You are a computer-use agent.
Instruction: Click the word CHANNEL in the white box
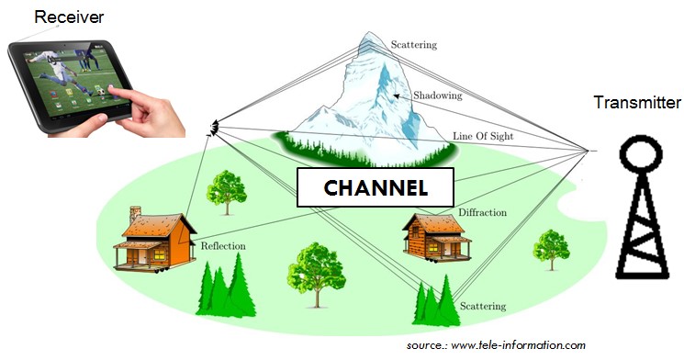[x=376, y=187]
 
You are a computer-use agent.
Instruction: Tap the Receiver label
[x=69, y=17]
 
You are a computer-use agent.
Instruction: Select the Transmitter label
[x=637, y=102]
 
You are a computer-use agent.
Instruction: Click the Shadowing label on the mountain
[x=438, y=96]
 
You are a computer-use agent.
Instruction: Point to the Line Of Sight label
[x=483, y=136]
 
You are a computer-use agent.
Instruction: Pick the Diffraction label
[x=482, y=212]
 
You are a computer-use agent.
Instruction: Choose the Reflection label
[x=223, y=246]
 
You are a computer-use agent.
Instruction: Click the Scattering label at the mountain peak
[x=413, y=44]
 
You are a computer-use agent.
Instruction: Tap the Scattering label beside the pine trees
[x=483, y=307]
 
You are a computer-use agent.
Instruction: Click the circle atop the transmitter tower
[x=641, y=154]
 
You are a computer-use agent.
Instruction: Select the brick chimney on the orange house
[x=135, y=215]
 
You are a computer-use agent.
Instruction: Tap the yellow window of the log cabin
[x=433, y=247]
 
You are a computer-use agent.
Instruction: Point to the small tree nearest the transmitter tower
[x=552, y=250]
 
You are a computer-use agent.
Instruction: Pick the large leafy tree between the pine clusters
[x=316, y=274]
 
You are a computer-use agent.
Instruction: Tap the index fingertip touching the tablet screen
[x=111, y=90]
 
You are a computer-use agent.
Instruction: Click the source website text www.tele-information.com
[x=518, y=345]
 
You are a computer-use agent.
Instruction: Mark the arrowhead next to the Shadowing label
[x=396, y=96]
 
